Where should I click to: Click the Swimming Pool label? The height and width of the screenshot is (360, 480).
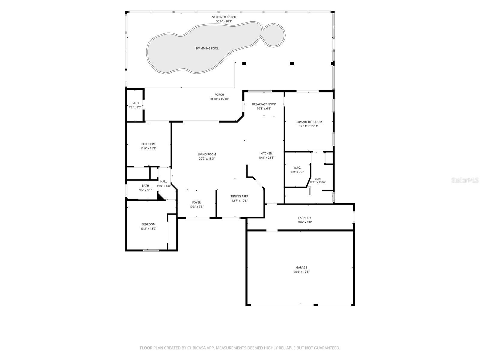coord(207,48)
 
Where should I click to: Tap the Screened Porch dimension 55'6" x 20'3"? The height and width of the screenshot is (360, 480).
coord(224,21)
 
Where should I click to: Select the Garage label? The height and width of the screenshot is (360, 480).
coord(301,267)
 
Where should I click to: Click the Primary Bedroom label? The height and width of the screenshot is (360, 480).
coord(309,122)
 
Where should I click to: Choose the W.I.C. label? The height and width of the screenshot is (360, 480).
coord(297,168)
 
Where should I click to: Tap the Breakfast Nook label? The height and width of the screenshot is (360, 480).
coord(264,104)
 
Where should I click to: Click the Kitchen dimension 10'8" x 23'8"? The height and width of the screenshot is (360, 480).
coord(266,157)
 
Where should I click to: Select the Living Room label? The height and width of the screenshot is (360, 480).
coord(207,154)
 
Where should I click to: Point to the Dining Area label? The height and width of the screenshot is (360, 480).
coord(239,196)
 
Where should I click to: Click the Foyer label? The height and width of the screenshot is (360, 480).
coord(196,202)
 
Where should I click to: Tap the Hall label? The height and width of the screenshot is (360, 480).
coord(163,181)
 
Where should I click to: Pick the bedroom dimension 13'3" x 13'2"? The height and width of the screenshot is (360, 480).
coord(148,229)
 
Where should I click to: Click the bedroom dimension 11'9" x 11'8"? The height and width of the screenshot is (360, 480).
coord(148,148)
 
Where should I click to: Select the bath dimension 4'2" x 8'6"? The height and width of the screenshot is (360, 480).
coord(135,107)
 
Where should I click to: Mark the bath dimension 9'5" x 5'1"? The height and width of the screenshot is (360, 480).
coord(145,190)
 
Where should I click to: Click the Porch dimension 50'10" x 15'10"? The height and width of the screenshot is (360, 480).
coord(219,99)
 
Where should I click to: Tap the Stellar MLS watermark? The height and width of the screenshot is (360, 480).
coord(465,180)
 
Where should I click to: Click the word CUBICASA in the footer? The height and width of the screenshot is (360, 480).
coord(196,348)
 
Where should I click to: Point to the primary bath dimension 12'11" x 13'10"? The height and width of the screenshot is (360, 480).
coord(317,182)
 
